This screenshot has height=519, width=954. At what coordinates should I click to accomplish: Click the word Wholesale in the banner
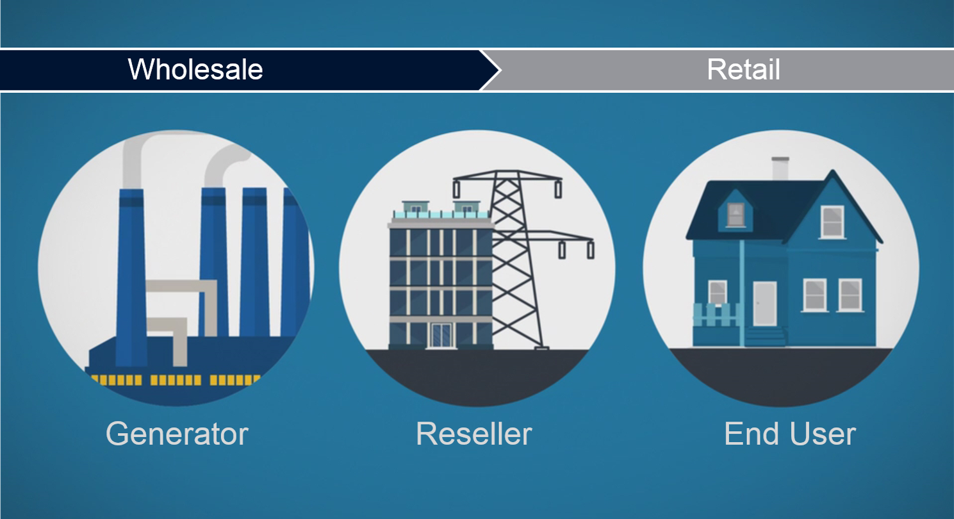195,69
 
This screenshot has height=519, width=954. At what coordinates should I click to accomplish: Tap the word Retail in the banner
744,69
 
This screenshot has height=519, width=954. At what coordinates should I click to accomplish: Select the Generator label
177,434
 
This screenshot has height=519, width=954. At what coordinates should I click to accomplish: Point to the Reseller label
474,434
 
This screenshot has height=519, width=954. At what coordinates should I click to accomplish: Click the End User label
790,434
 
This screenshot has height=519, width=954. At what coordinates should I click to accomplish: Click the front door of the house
764,304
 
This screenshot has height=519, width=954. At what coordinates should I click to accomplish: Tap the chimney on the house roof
780,169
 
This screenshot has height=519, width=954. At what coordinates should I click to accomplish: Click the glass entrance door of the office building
441,336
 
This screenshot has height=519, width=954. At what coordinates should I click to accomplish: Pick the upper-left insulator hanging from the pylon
456,189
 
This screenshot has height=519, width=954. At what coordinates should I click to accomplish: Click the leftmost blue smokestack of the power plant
131,277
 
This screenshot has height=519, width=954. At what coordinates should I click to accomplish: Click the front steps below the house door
766,336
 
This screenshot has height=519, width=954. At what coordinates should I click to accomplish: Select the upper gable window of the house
832,222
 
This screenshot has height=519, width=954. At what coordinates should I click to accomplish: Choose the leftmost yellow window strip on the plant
117,380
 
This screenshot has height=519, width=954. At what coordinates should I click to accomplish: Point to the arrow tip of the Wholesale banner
500,70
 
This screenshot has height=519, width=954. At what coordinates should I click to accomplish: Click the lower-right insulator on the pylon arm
590,250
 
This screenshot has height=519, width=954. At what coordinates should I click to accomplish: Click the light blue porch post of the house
742,293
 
